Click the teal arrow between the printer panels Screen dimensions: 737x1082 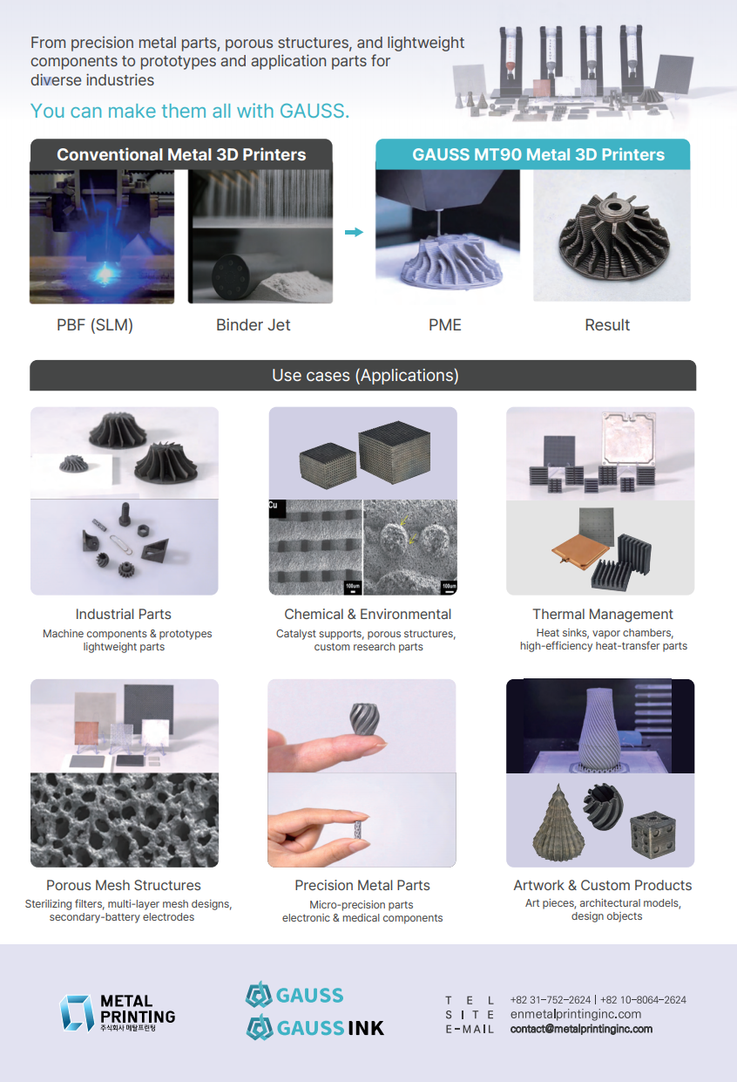pyautogui.click(x=354, y=232)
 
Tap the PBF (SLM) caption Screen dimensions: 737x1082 pyautogui.click(x=95, y=325)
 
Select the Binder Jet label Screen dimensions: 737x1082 pyautogui.click(x=253, y=325)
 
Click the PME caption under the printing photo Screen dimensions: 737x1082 pyautogui.click(x=444, y=325)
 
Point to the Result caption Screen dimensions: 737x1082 pyautogui.click(x=607, y=325)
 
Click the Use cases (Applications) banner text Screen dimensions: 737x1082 pyautogui.click(x=365, y=375)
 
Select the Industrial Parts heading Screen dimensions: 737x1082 pyautogui.click(x=123, y=614)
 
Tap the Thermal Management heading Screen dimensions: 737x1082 pyautogui.click(x=602, y=614)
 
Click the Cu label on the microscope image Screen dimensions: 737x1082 pyautogui.click(x=274, y=506)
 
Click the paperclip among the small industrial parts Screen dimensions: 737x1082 pyautogui.click(x=121, y=544)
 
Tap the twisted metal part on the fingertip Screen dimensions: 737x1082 pyautogui.click(x=364, y=718)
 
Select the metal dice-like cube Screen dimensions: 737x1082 pyautogui.click(x=653, y=834)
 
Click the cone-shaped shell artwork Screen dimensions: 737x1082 pyautogui.click(x=558, y=823)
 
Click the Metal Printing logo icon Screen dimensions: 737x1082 pyautogui.click(x=77, y=1013)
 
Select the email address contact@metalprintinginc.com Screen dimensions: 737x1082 pyautogui.click(x=581, y=1029)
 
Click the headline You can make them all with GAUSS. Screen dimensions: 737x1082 pyautogui.click(x=190, y=111)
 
